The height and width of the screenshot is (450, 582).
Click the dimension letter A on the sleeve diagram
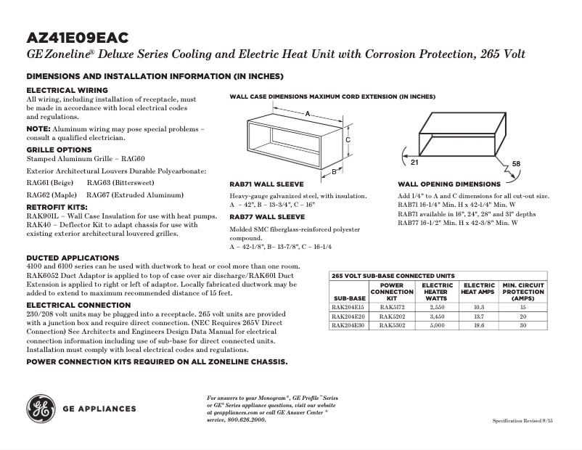pyautogui.click(x=308, y=114)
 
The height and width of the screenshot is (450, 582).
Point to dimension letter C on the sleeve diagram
pyautogui.click(x=348, y=139)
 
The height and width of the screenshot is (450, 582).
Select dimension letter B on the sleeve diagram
pyautogui.click(x=333, y=173)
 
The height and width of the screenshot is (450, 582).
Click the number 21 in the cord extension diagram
pyautogui.click(x=405, y=151)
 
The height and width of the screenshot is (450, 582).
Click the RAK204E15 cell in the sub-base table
pyautogui.click(x=348, y=307)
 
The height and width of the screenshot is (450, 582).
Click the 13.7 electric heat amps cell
pyautogui.click(x=478, y=316)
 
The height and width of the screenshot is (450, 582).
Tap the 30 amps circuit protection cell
pyautogui.click(x=522, y=325)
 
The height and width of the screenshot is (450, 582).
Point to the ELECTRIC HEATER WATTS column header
pyautogui.click(x=436, y=292)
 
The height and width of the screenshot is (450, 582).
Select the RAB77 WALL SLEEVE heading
pyautogui.click(x=267, y=216)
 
